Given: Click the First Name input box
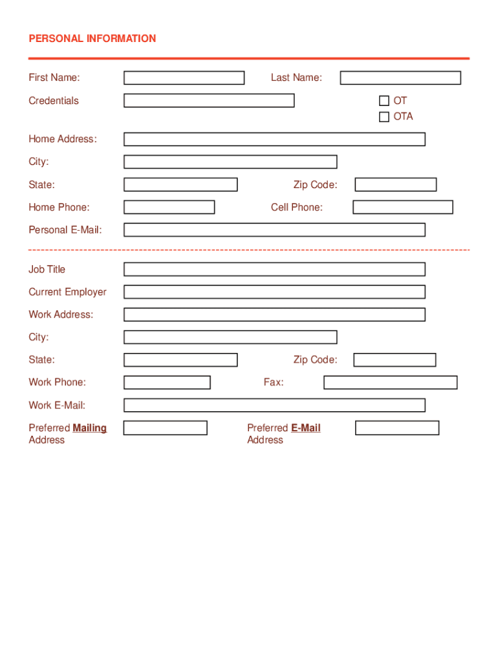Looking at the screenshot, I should pos(184,78).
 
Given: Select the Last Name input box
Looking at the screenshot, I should pos(400,78).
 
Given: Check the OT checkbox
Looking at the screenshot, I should pos(384,101).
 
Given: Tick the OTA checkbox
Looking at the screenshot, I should pos(384,117).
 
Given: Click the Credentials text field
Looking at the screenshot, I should pos(209,101).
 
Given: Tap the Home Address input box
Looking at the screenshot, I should pos(274,139).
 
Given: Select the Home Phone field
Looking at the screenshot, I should pos(169,208).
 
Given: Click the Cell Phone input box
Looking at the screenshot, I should pos(402,208).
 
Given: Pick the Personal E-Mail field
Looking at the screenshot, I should pos(274,230).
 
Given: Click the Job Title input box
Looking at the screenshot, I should pos(274,270).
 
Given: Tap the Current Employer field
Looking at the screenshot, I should pos(274,292).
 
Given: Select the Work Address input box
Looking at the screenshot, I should pos(274,315).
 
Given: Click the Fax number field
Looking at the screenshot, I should pos(390,383).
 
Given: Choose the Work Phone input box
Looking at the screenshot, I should pos(167,383).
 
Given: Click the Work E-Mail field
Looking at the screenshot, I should pos(274,405).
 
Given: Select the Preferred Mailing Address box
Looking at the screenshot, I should pos(165,428).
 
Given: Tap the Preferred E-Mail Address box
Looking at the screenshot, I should pos(396,428).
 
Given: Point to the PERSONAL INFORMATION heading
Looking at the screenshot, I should pos(92,39).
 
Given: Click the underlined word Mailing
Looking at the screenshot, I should pos(90,428).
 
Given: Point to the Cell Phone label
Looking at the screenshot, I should pos(297,208).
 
